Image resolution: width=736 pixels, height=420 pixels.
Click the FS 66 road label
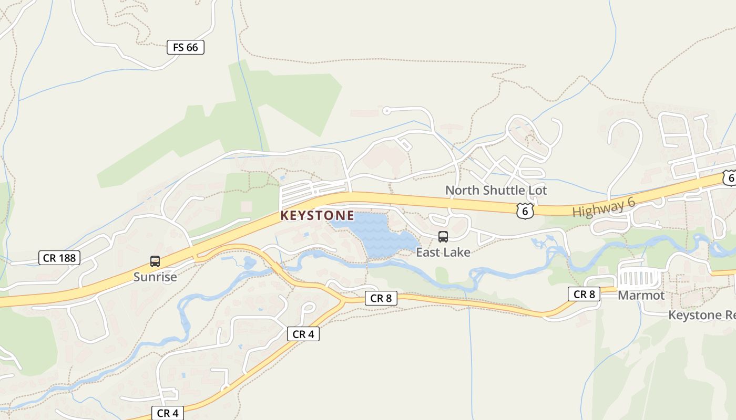pyautogui.click(x=185, y=47)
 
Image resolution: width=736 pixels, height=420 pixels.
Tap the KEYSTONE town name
pyautogui.click(x=317, y=216)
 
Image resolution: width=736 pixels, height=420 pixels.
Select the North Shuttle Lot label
pyautogui.click(x=496, y=190)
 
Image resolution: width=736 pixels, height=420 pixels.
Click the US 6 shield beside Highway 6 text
pyautogui.click(x=525, y=211)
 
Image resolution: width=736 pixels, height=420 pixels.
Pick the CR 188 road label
pyautogui.click(x=59, y=258)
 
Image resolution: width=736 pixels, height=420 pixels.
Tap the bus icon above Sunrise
pyautogui.click(x=155, y=261)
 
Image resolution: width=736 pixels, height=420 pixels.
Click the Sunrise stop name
pyautogui.click(x=155, y=277)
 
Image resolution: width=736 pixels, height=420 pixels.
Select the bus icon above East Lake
pyautogui.click(x=443, y=237)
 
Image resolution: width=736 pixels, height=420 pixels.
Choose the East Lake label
pyautogui.click(x=443, y=253)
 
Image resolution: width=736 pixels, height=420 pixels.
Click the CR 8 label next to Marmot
pyautogui.click(x=584, y=294)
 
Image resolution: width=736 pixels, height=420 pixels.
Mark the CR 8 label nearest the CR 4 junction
pyautogui.click(x=381, y=298)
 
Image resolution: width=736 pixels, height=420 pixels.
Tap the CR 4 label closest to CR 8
pyautogui.click(x=303, y=334)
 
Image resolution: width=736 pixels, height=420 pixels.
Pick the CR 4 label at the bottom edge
pyautogui.click(x=168, y=413)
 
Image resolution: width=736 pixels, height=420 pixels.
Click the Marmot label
pyautogui.click(x=641, y=295)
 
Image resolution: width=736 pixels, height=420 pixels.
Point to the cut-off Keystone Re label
pyautogui.click(x=701, y=315)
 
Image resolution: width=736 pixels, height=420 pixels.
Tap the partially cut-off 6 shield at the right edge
pyautogui.click(x=729, y=178)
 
